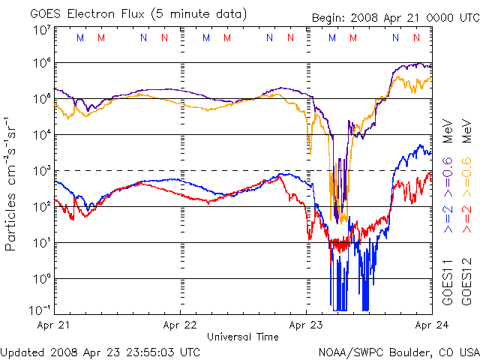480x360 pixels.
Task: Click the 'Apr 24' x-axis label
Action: [429, 325]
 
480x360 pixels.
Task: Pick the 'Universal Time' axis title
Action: [243, 337]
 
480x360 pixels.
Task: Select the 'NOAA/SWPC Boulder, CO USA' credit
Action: [398, 351]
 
